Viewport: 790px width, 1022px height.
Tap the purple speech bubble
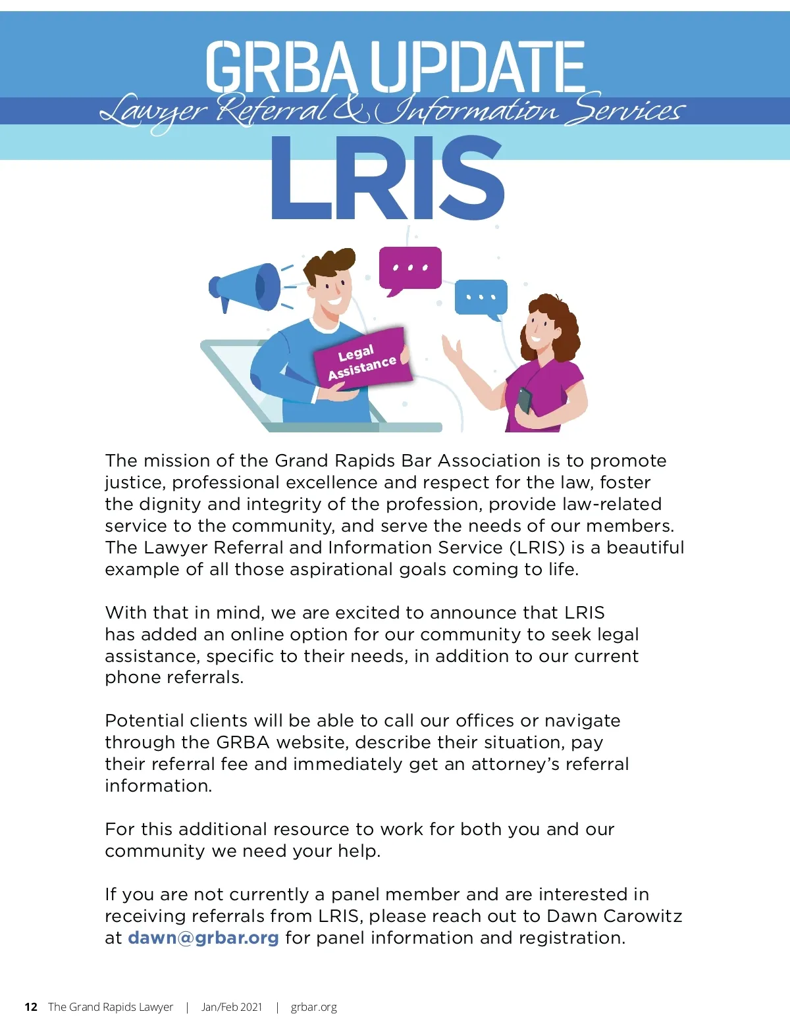409,268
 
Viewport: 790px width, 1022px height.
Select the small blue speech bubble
481,297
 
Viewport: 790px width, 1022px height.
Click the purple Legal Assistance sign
362,359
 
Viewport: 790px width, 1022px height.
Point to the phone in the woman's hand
525,399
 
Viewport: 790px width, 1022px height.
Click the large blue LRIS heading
388,179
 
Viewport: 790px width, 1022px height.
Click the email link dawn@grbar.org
203,938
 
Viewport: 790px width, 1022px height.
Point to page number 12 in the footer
31,1007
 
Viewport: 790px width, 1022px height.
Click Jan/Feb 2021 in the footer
232,1007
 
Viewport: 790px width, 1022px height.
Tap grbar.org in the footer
313,1007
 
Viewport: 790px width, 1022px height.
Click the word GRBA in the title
282,66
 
